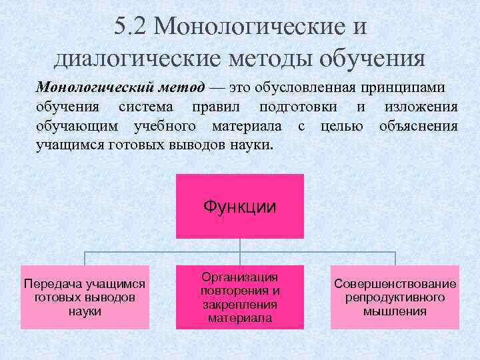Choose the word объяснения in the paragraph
418,125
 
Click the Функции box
240,206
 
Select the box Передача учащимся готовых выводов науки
85,297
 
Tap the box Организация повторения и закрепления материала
240,297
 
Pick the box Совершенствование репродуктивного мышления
395,297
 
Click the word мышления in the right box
395,311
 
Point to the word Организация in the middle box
240,277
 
